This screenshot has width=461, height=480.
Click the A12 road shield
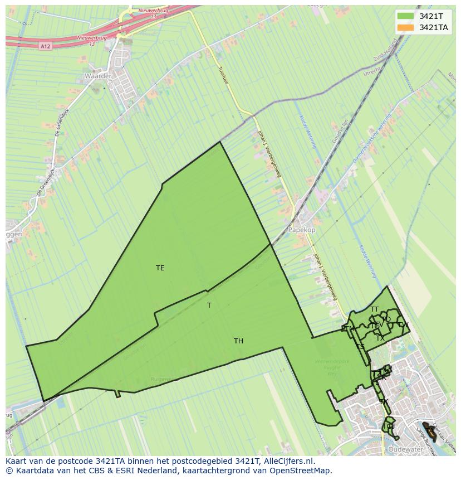pos(46,46)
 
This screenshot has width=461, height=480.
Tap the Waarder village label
pos(98,76)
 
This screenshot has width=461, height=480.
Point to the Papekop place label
pos(301,230)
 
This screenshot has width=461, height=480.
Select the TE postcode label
pos(160,268)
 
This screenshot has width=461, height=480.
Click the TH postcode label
pos(238,341)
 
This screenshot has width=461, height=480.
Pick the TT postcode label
pos(374,309)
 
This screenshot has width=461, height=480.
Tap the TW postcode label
pos(403,325)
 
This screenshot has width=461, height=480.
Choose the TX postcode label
pos(380,338)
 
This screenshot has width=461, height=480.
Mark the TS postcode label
pos(360,347)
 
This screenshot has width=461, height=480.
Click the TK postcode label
pos(384,402)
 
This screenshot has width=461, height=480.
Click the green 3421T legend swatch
pos(405,16)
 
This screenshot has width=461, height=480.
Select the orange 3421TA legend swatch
pos(405,27)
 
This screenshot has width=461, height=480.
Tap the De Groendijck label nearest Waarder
pos(60,122)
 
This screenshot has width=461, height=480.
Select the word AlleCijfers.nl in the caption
pos(290,461)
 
